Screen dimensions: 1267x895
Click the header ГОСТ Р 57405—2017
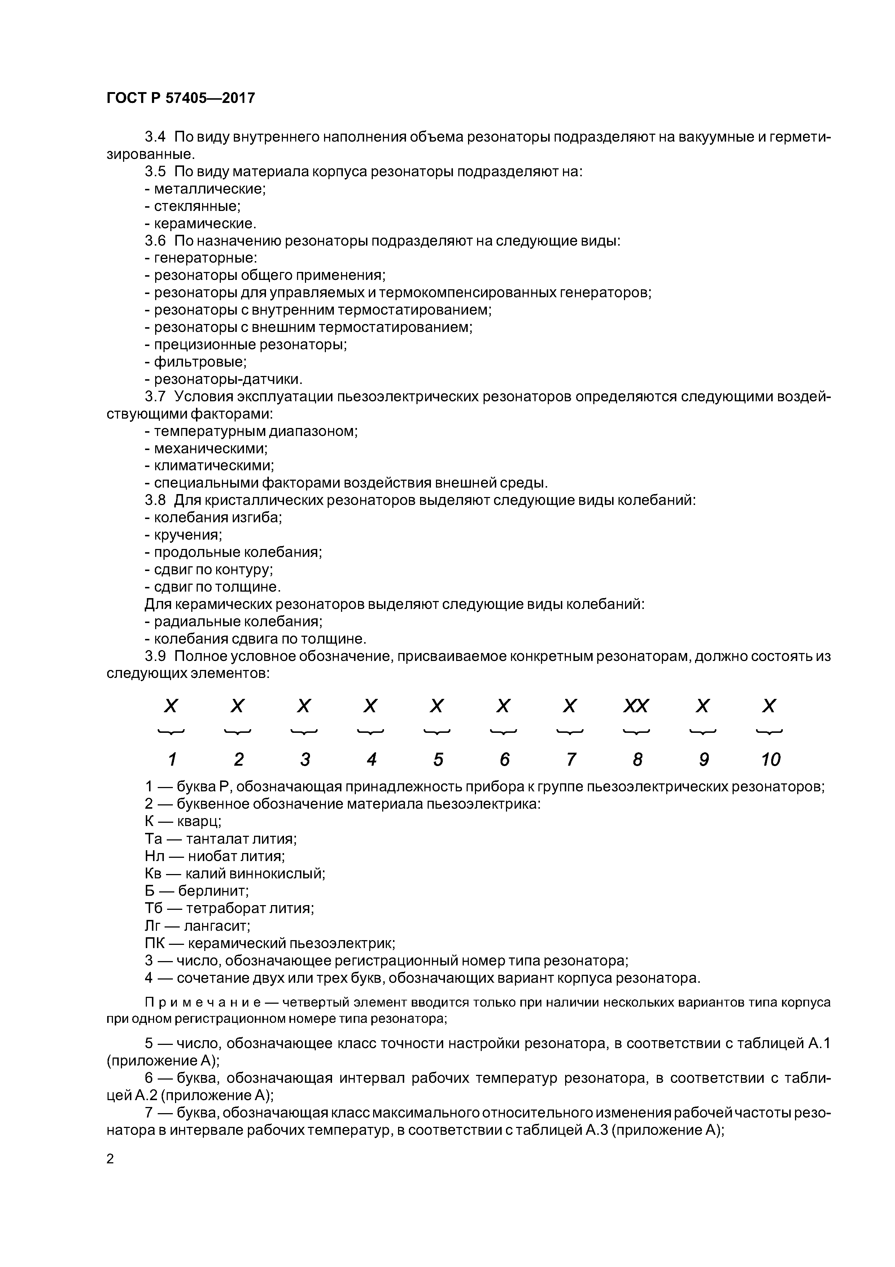180,98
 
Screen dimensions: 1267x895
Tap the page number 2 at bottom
110,1174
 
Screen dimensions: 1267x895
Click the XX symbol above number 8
636,706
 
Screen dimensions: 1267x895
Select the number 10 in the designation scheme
770,760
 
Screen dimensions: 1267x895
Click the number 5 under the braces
438,760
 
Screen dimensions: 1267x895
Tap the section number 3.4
155,137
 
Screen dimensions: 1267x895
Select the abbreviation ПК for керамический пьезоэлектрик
155,943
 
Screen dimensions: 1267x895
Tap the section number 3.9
155,657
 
